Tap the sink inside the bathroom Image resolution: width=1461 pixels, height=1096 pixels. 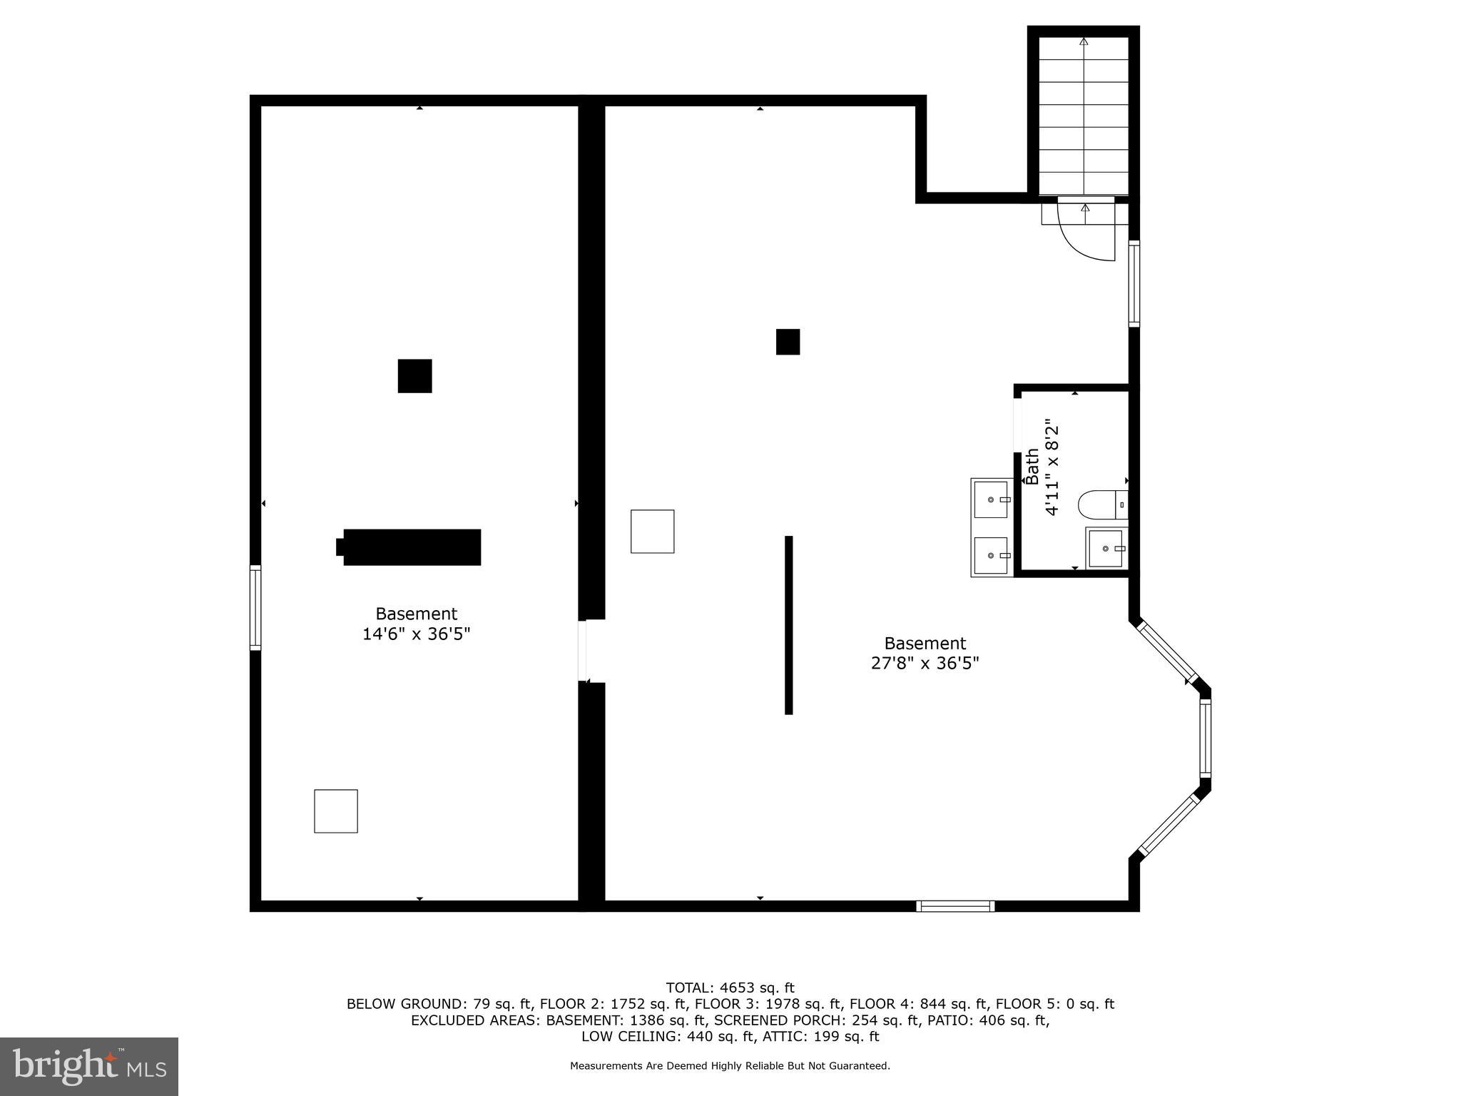tap(1106, 549)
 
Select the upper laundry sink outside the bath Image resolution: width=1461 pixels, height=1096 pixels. tap(992, 499)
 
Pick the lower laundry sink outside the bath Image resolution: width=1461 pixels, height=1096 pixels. tap(992, 555)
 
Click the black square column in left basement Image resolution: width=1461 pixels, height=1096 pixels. tap(414, 376)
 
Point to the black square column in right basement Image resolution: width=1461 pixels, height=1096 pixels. tap(788, 342)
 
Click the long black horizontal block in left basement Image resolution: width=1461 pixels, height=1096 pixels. tap(411, 547)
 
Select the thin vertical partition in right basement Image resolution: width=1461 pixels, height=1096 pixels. tap(788, 625)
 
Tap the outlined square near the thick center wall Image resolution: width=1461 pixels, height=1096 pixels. tap(652, 532)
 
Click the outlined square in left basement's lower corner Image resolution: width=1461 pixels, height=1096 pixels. tap(336, 811)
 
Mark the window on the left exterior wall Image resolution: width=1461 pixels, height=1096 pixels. tap(255, 607)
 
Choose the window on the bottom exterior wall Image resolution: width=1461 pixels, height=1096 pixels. tap(955, 906)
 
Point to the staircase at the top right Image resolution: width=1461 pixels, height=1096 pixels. tap(1084, 114)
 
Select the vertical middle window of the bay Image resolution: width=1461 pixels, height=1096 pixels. tap(1205, 738)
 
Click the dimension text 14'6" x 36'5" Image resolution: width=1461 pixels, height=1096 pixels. tap(416, 634)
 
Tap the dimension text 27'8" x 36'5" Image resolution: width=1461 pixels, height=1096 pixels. tap(925, 664)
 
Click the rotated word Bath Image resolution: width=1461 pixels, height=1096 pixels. tap(1032, 467)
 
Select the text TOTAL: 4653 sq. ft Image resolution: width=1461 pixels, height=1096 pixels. tap(730, 988)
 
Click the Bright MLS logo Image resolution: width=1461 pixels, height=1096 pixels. tap(89, 1067)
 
